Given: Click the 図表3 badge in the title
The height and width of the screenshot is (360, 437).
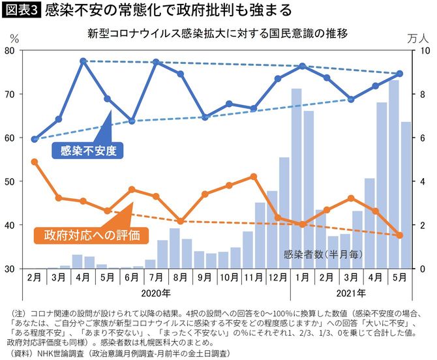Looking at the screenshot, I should [x=22, y=11].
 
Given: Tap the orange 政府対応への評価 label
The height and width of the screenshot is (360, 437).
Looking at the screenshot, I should [x=87, y=233].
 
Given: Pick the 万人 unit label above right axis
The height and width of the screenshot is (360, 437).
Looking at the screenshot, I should [x=421, y=37].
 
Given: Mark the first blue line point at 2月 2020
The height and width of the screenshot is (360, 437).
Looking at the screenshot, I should [x=35, y=139].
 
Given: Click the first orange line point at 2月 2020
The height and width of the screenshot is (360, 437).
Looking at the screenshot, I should [x=35, y=162].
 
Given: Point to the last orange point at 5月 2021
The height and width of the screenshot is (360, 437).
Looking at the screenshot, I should [x=400, y=235].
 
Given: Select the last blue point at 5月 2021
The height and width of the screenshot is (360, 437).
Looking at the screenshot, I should [x=400, y=74].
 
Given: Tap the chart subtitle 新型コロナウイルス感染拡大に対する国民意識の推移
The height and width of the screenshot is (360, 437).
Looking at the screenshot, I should [x=218, y=33].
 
